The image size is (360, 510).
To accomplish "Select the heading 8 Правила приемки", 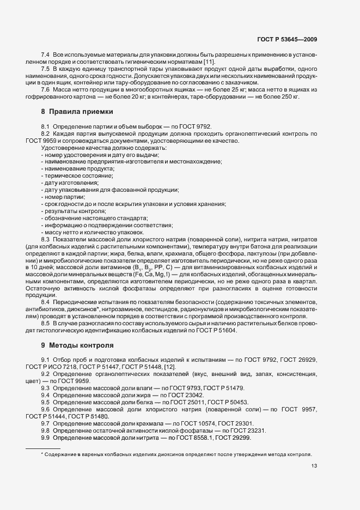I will (x=77, y=112).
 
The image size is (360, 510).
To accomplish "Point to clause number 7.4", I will (x=46, y=56).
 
